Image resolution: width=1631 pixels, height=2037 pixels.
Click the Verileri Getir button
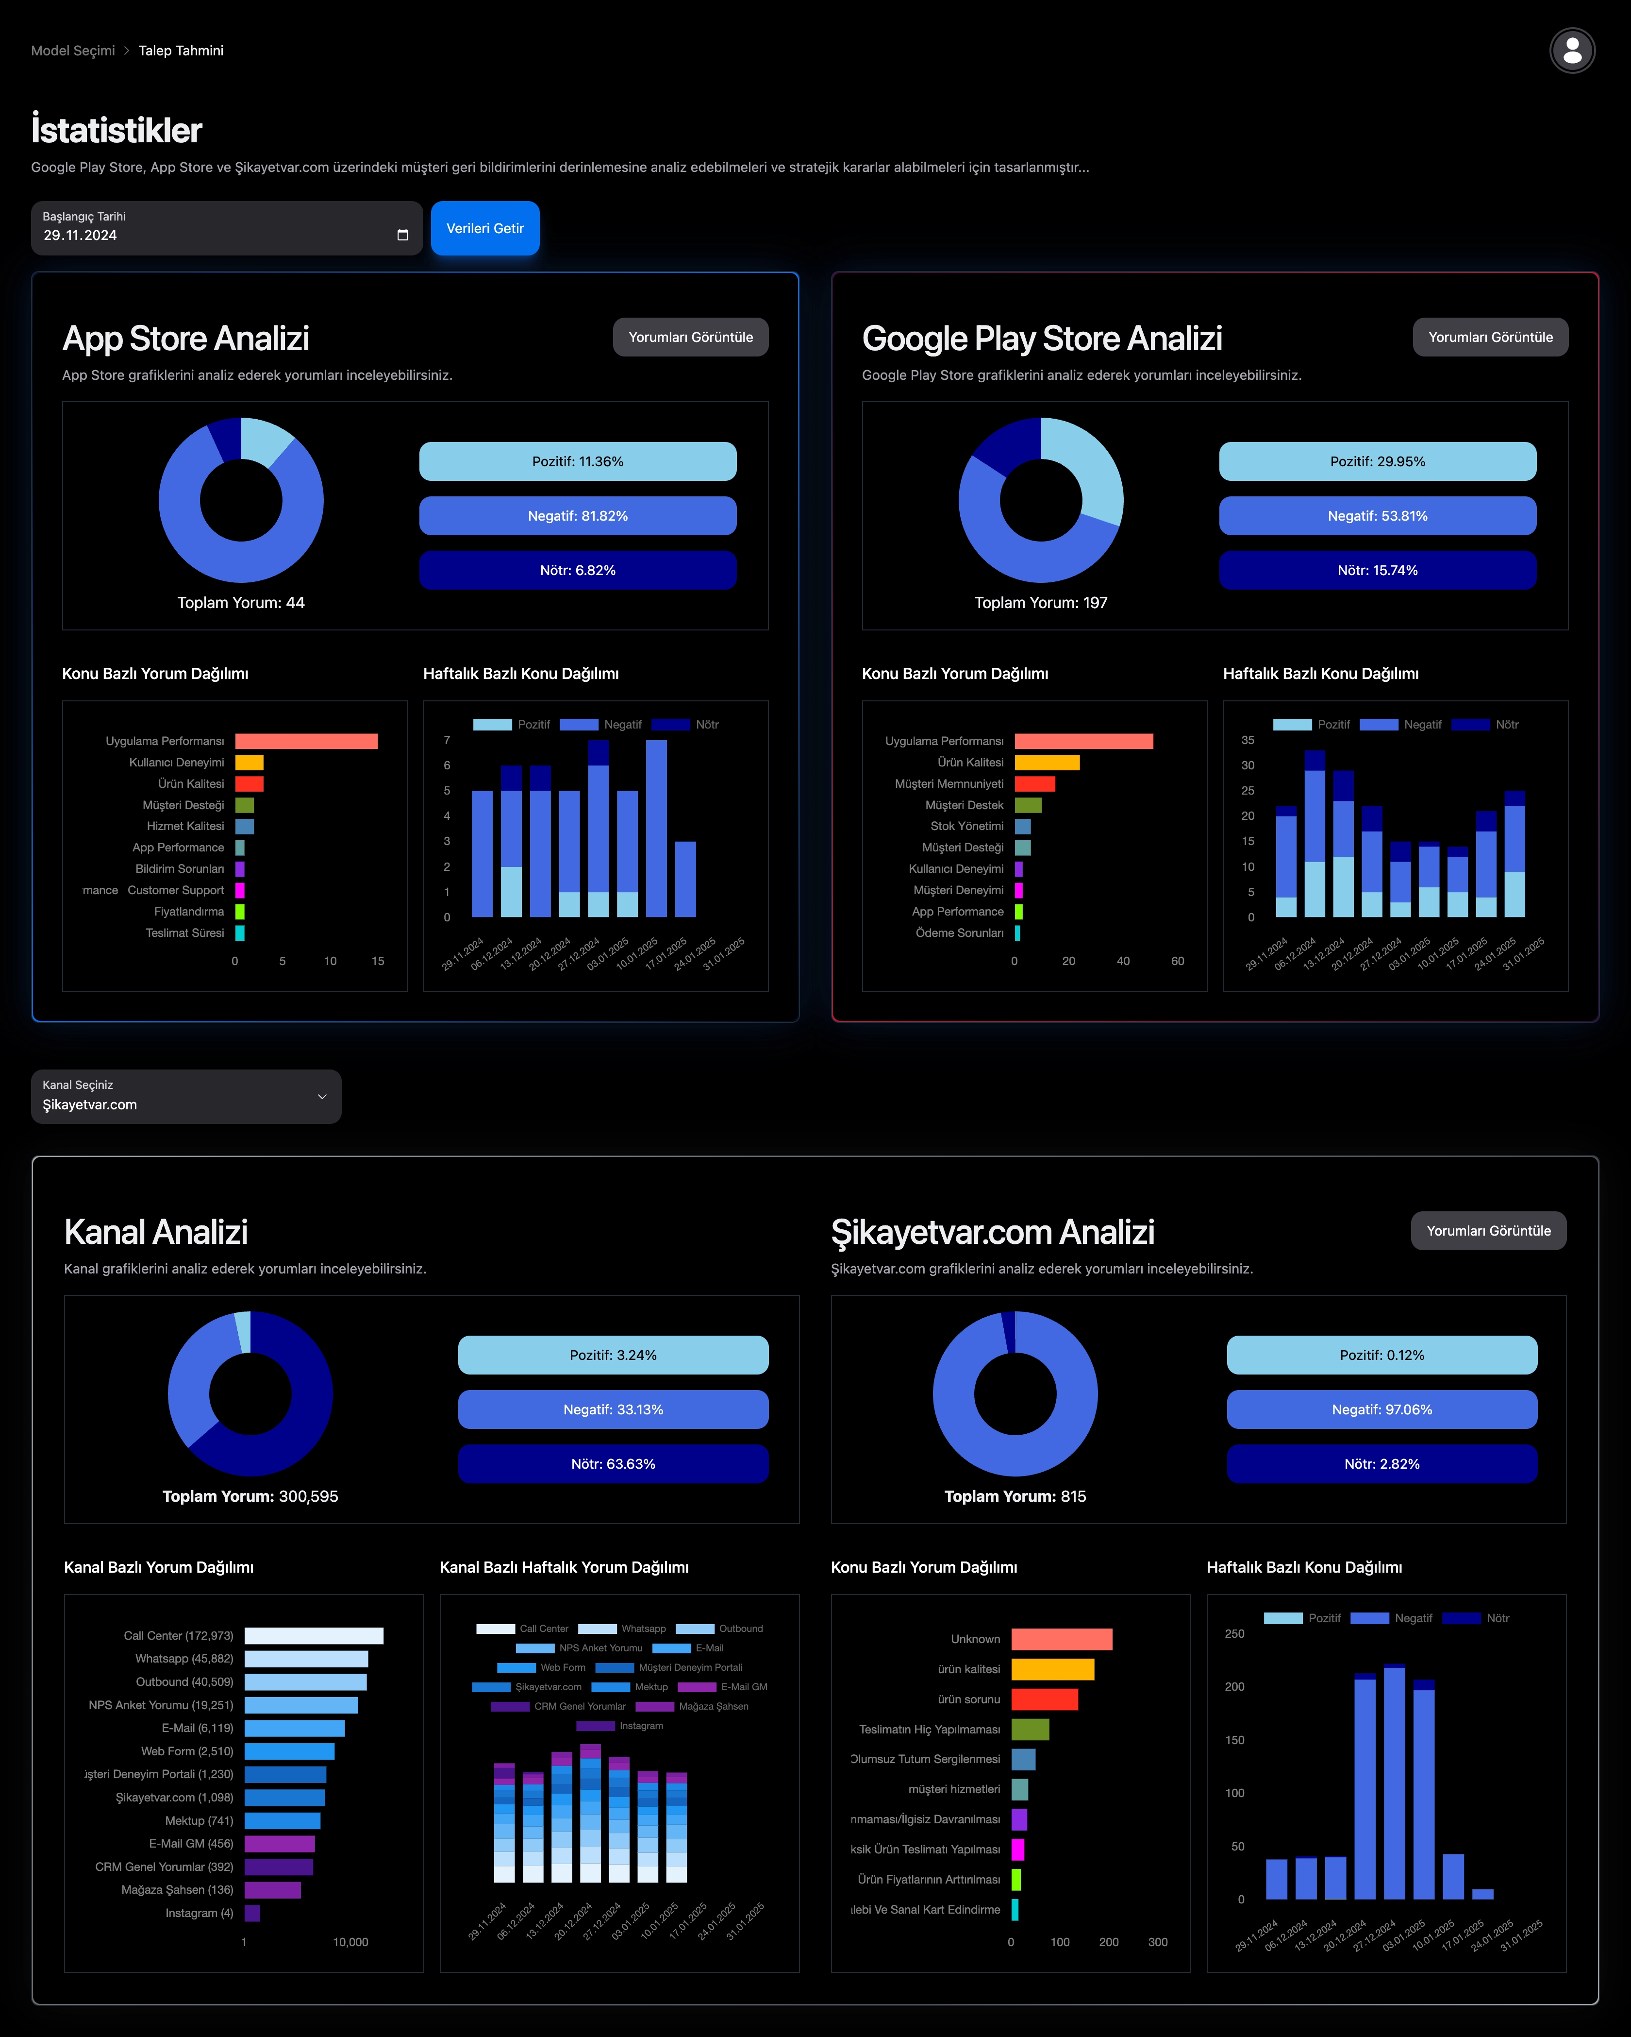pyautogui.click(x=484, y=229)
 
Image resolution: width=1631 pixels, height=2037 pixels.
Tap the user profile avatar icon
pyautogui.click(x=1571, y=51)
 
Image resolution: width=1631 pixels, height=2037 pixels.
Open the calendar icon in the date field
pyautogui.click(x=402, y=235)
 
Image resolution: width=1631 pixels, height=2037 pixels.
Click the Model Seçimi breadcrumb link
pyautogui.click(x=73, y=51)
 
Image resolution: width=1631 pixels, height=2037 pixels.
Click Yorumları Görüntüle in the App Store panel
pyautogui.click(x=690, y=337)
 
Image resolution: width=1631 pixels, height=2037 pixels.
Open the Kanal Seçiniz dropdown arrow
pyautogui.click(x=322, y=1097)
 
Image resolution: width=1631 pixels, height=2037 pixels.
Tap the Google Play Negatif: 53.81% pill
pyautogui.click(x=1377, y=516)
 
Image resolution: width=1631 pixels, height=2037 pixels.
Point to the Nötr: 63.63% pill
pyautogui.click(x=613, y=1463)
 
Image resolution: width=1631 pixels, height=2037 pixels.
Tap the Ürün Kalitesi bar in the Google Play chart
pyautogui.click(x=1047, y=763)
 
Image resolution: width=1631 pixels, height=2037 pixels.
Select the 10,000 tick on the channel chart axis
pyautogui.click(x=350, y=1942)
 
